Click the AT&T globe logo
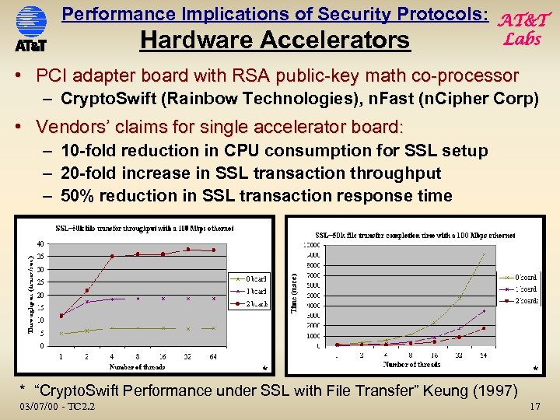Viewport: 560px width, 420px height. coord(31,21)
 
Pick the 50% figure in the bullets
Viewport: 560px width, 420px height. coord(76,196)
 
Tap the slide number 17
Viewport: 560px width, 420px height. coord(534,407)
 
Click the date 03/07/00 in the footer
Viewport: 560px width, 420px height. coord(39,407)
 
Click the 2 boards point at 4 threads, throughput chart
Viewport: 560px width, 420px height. coord(112,256)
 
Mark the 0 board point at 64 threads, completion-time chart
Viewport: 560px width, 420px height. coord(484,254)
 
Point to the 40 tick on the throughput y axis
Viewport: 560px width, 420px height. coord(40,243)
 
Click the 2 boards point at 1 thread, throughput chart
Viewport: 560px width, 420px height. coord(61,315)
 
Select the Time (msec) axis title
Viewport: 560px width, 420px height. coord(293,292)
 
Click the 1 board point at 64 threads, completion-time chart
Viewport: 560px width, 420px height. coord(484,311)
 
